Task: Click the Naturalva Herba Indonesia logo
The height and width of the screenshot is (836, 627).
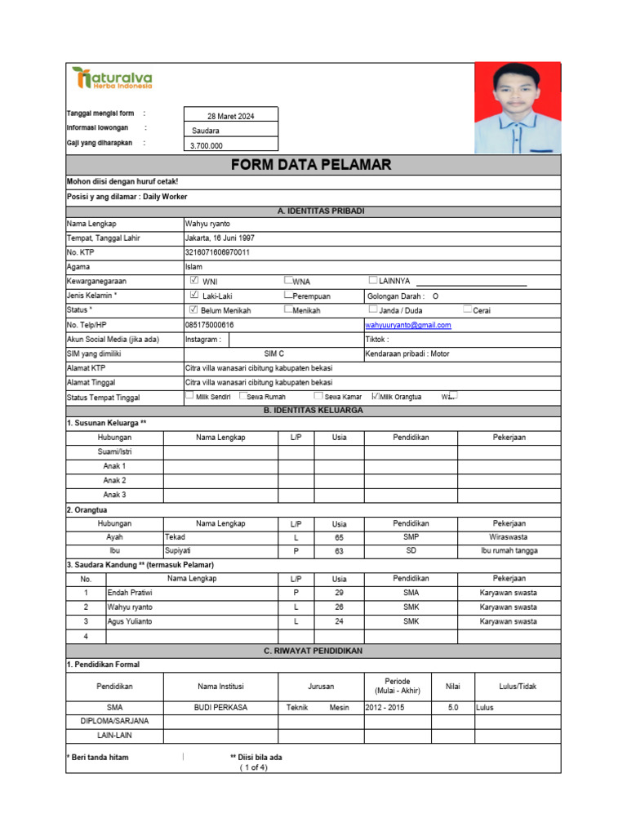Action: (x=111, y=78)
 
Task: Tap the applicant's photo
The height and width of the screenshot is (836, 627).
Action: (x=517, y=108)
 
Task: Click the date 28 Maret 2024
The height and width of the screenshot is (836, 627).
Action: (x=231, y=117)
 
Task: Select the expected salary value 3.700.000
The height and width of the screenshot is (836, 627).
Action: (x=207, y=146)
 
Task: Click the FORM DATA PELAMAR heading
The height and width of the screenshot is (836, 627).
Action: (x=311, y=165)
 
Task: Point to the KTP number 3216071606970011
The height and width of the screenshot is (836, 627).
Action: (x=218, y=252)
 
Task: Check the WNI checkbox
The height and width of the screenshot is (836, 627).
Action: (x=193, y=280)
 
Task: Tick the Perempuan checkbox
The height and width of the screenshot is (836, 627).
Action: (x=288, y=295)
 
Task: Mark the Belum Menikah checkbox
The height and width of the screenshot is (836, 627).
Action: (x=193, y=309)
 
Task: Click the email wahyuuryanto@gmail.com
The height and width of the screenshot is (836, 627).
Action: (x=407, y=325)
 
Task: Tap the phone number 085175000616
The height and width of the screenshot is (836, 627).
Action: (x=210, y=325)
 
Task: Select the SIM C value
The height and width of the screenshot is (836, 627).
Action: (x=274, y=354)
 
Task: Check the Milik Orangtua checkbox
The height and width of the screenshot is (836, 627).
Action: (x=376, y=396)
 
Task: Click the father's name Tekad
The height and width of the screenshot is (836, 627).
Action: (x=176, y=537)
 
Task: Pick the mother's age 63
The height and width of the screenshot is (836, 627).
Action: (x=339, y=551)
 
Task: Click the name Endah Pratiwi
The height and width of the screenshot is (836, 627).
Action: (x=131, y=593)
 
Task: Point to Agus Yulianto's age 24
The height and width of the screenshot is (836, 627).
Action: (x=339, y=621)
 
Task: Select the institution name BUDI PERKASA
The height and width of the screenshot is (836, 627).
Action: (x=220, y=708)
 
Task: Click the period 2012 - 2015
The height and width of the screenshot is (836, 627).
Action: (x=385, y=708)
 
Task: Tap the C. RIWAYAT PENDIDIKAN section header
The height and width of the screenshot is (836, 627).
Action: (x=313, y=651)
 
